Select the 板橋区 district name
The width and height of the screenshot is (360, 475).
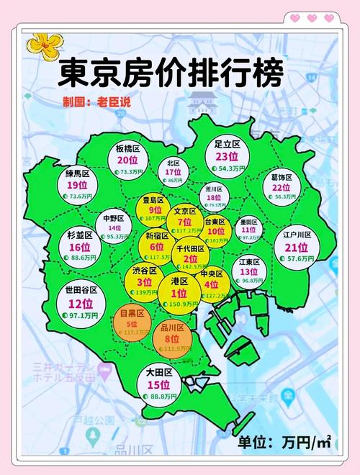[x=127, y=148]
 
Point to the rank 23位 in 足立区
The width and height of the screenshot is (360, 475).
[x=226, y=156]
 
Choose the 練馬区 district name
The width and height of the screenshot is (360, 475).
[x=76, y=173]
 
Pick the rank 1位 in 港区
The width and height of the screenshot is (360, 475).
[x=180, y=293]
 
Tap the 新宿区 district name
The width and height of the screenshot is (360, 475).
[x=157, y=235]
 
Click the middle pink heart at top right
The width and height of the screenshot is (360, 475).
[x=312, y=18]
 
